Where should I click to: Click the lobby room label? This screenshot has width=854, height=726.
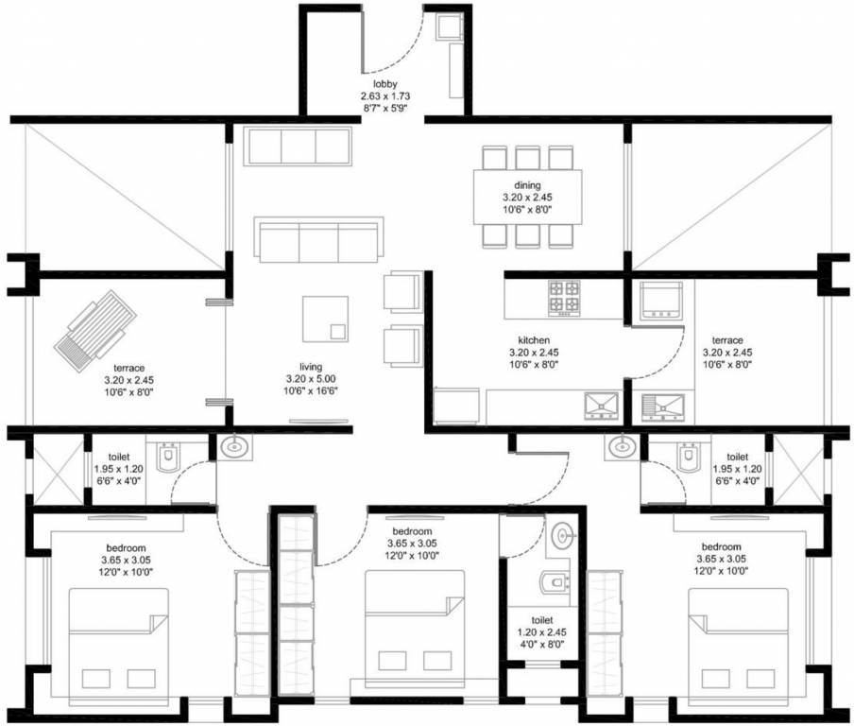tap(385, 84)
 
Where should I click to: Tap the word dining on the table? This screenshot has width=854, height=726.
tap(527, 185)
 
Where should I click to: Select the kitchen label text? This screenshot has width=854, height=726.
tap(534, 340)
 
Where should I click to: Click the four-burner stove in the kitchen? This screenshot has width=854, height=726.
tap(564, 298)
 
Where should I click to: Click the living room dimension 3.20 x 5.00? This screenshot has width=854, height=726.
tap(311, 379)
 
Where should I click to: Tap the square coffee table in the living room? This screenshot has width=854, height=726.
tap(325, 319)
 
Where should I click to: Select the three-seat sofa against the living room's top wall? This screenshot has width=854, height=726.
tap(298, 147)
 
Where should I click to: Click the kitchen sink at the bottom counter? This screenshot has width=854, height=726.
tap(601, 406)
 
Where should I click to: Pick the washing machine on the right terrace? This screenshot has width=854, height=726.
tap(660, 300)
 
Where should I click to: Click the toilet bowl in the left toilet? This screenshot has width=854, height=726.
tap(167, 457)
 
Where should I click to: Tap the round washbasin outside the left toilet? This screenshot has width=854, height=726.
tap(235, 447)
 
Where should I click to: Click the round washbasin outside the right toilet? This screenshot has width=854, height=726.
tap(620, 447)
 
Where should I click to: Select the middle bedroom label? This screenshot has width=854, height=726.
tap(412, 531)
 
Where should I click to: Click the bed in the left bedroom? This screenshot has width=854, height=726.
tap(119, 647)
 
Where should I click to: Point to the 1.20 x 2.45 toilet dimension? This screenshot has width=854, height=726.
tap(542, 632)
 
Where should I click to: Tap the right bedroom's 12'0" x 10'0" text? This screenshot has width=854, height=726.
tap(721, 571)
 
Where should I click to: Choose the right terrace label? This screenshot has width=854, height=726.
tap(727, 340)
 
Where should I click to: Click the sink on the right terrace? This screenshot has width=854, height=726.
tap(663, 407)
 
